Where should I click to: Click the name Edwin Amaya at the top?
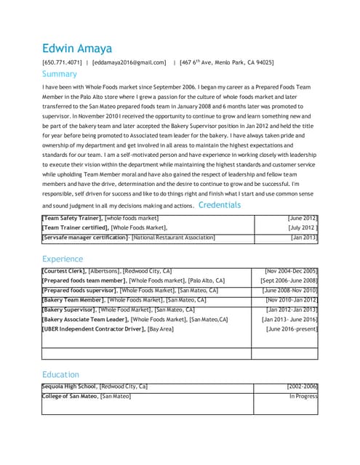76,49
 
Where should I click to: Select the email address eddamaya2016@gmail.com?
129,63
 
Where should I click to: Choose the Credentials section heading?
219,205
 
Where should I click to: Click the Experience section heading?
63,259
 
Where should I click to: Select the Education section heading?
60,374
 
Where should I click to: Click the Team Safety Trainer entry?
100,218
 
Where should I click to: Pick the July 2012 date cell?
302,227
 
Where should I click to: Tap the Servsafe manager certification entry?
128,237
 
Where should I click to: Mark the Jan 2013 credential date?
303,237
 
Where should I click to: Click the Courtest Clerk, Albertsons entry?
106,271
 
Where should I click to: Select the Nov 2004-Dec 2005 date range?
291,271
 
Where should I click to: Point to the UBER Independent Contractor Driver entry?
108,329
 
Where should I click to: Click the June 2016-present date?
292,329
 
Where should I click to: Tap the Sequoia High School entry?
95,387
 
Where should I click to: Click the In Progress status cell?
303,396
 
